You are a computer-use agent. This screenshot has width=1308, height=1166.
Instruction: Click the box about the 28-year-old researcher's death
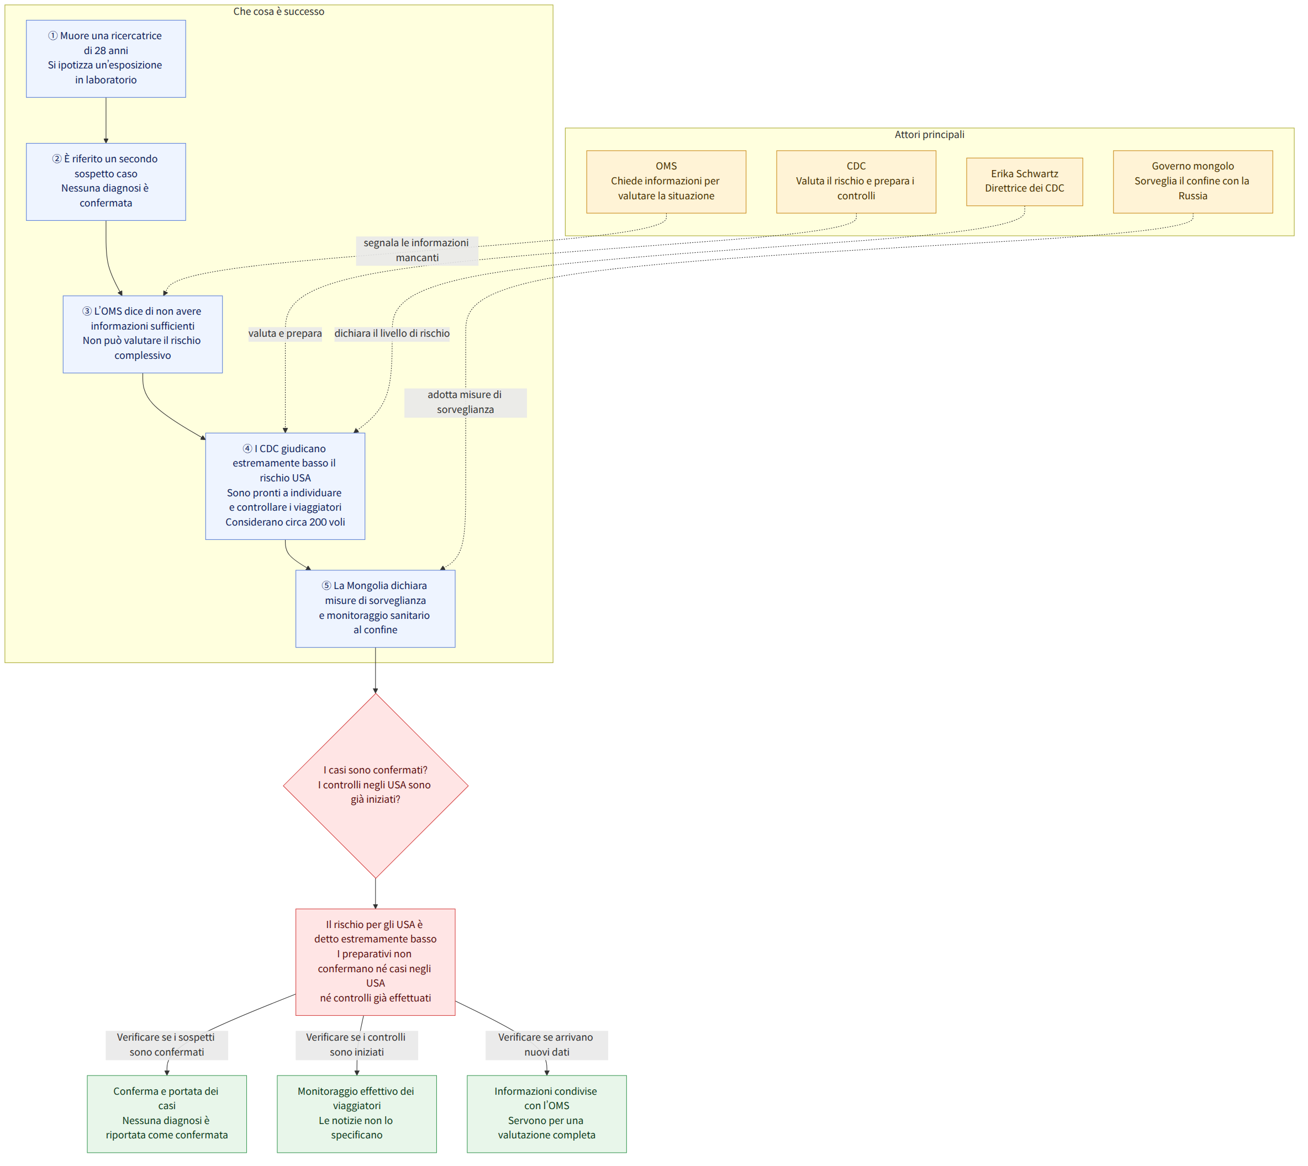(106, 59)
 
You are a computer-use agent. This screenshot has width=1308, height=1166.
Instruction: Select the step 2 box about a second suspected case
(106, 182)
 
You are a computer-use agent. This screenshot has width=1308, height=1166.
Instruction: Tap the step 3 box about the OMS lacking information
(143, 335)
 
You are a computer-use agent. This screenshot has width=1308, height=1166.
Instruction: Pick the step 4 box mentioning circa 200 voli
(285, 486)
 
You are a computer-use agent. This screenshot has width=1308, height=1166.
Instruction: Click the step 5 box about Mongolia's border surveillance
(376, 608)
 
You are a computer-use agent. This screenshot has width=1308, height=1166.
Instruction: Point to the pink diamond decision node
(376, 786)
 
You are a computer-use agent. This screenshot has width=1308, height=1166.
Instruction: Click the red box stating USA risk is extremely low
(376, 962)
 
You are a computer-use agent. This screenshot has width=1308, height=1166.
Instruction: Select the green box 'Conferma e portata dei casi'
(167, 1114)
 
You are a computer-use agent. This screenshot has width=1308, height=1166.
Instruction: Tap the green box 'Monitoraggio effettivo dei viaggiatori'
(357, 1114)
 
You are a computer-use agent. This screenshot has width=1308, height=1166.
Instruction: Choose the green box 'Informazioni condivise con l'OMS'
(547, 1114)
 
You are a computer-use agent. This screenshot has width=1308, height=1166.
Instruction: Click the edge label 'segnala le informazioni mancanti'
(417, 251)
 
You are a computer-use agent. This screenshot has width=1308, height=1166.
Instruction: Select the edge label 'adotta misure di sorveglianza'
(465, 402)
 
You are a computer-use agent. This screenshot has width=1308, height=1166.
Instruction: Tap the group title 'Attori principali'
(929, 135)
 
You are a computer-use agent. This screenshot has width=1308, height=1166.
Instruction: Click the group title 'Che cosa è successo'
(279, 12)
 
